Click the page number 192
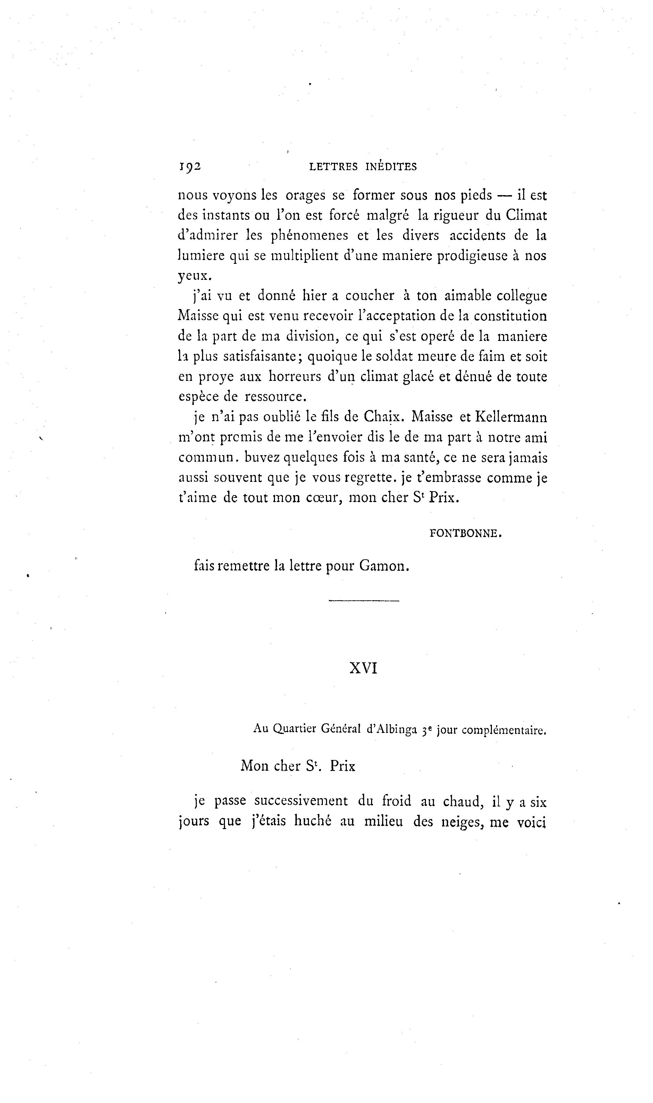pyautogui.click(x=190, y=167)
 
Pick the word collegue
pyautogui.click(x=522, y=296)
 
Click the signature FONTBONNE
pyautogui.click(x=466, y=534)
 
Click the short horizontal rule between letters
pyautogui.click(x=363, y=601)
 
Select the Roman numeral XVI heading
pyautogui.click(x=363, y=669)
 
